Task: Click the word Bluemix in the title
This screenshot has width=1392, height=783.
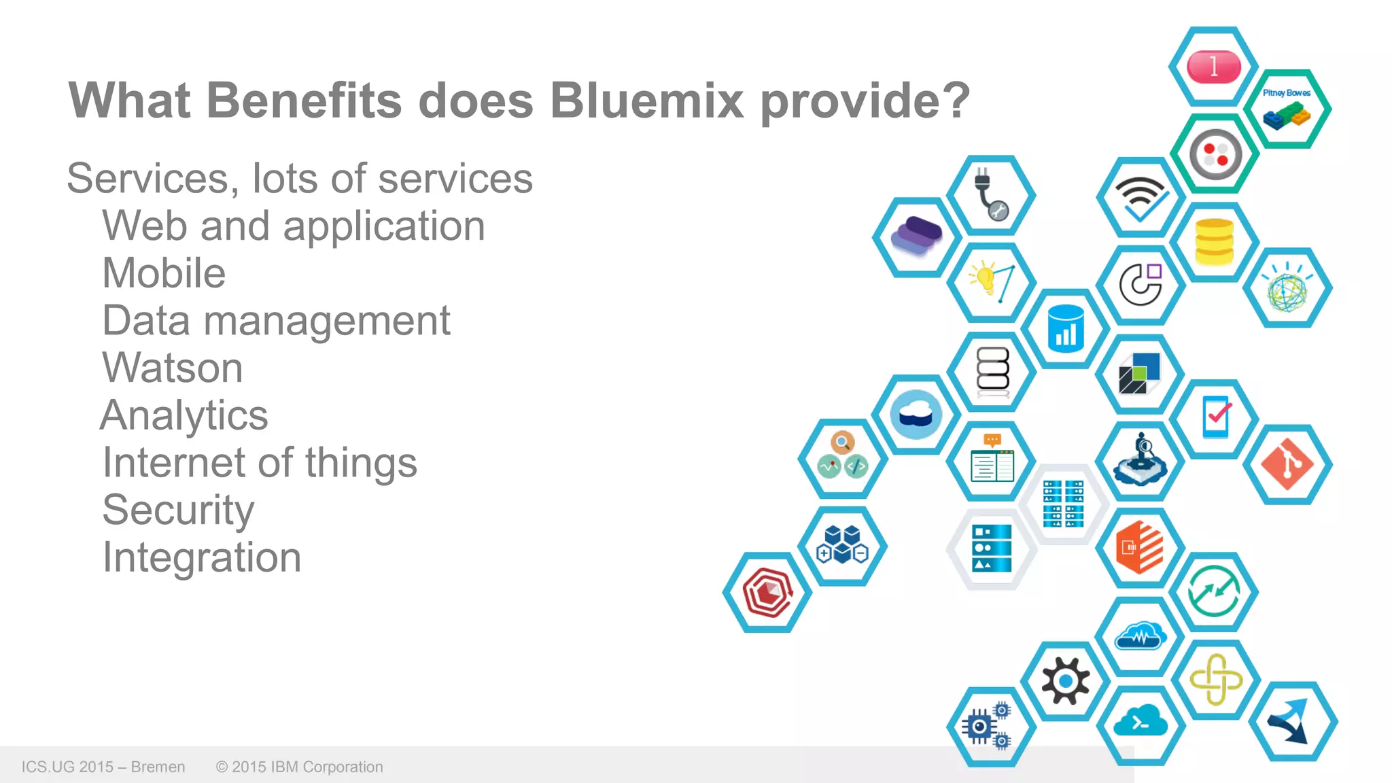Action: coord(646,101)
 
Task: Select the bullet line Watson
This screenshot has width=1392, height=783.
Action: coord(173,368)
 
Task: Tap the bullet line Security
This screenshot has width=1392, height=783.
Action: coord(178,510)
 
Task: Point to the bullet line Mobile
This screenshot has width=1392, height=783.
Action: coord(164,273)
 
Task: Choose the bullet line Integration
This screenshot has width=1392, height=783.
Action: coord(202,557)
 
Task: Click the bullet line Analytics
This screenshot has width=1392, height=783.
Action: coord(184,415)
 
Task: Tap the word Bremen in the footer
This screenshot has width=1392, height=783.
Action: coord(158,767)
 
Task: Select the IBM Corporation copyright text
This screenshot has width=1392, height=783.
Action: coord(300,767)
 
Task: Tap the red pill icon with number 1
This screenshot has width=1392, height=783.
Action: coord(1214,67)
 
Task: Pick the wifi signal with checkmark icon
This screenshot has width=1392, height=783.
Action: coord(1141,198)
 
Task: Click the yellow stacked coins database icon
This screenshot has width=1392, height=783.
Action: coord(1214,242)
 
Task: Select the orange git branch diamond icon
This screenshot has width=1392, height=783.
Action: coord(1287,465)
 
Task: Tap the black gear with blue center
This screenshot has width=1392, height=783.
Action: coord(1065,680)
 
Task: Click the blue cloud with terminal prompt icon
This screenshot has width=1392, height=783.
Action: coord(1141,723)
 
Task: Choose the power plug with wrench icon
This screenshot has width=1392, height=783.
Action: coord(991,195)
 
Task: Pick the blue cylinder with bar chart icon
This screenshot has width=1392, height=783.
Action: coord(1066,329)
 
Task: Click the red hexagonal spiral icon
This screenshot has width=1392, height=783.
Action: coord(767,592)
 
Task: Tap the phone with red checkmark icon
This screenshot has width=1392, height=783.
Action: coord(1215,417)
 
